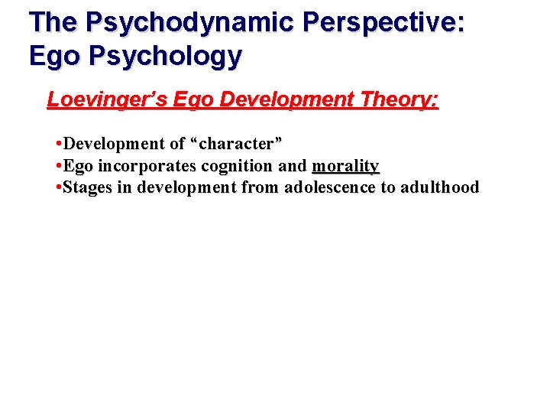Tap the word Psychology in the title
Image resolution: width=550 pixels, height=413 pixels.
(x=160, y=56)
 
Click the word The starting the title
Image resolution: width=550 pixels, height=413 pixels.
(x=53, y=22)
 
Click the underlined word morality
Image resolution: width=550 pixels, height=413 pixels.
(x=345, y=166)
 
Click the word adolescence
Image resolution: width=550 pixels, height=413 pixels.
(x=330, y=187)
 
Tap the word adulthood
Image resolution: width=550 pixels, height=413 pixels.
(x=438, y=187)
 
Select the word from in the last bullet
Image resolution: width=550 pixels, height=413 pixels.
(x=262, y=187)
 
